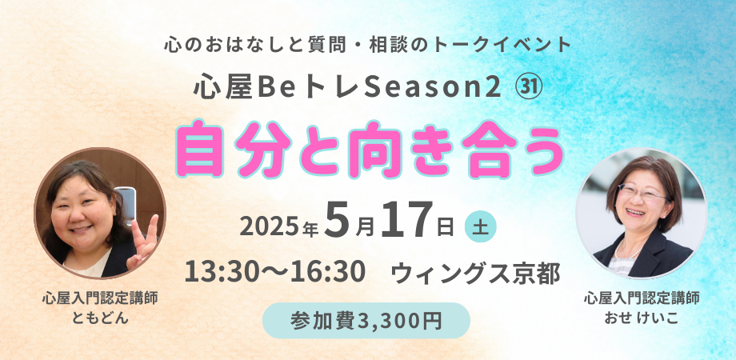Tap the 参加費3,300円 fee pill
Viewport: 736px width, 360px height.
point(366,321)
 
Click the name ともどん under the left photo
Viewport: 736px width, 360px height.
point(99,318)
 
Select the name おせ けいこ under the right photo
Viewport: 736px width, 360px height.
point(642,318)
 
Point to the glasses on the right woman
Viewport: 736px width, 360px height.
point(642,192)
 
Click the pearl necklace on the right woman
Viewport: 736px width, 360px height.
point(627,250)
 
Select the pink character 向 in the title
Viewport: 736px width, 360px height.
point(370,150)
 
